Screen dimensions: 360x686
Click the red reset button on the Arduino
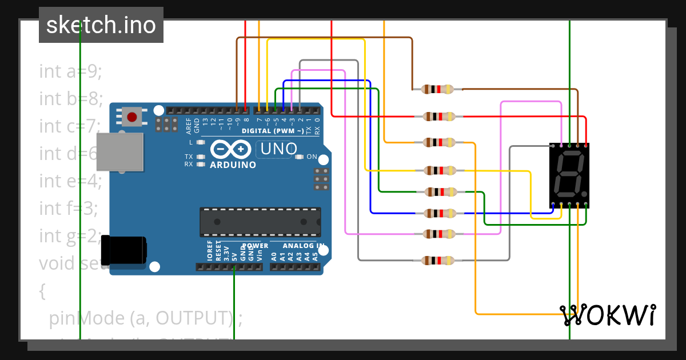132,117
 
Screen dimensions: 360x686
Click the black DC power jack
123,250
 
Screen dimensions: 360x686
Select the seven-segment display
569,175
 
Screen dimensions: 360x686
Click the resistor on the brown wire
437,89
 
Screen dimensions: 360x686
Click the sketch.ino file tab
101,25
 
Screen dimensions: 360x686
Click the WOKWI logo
607,315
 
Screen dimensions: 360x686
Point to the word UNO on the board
278,150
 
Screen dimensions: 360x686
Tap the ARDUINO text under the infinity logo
233,165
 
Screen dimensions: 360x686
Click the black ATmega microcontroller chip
260,222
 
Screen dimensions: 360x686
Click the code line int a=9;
70,71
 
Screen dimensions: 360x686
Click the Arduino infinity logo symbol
232,150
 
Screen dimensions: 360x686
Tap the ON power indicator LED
300,157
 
